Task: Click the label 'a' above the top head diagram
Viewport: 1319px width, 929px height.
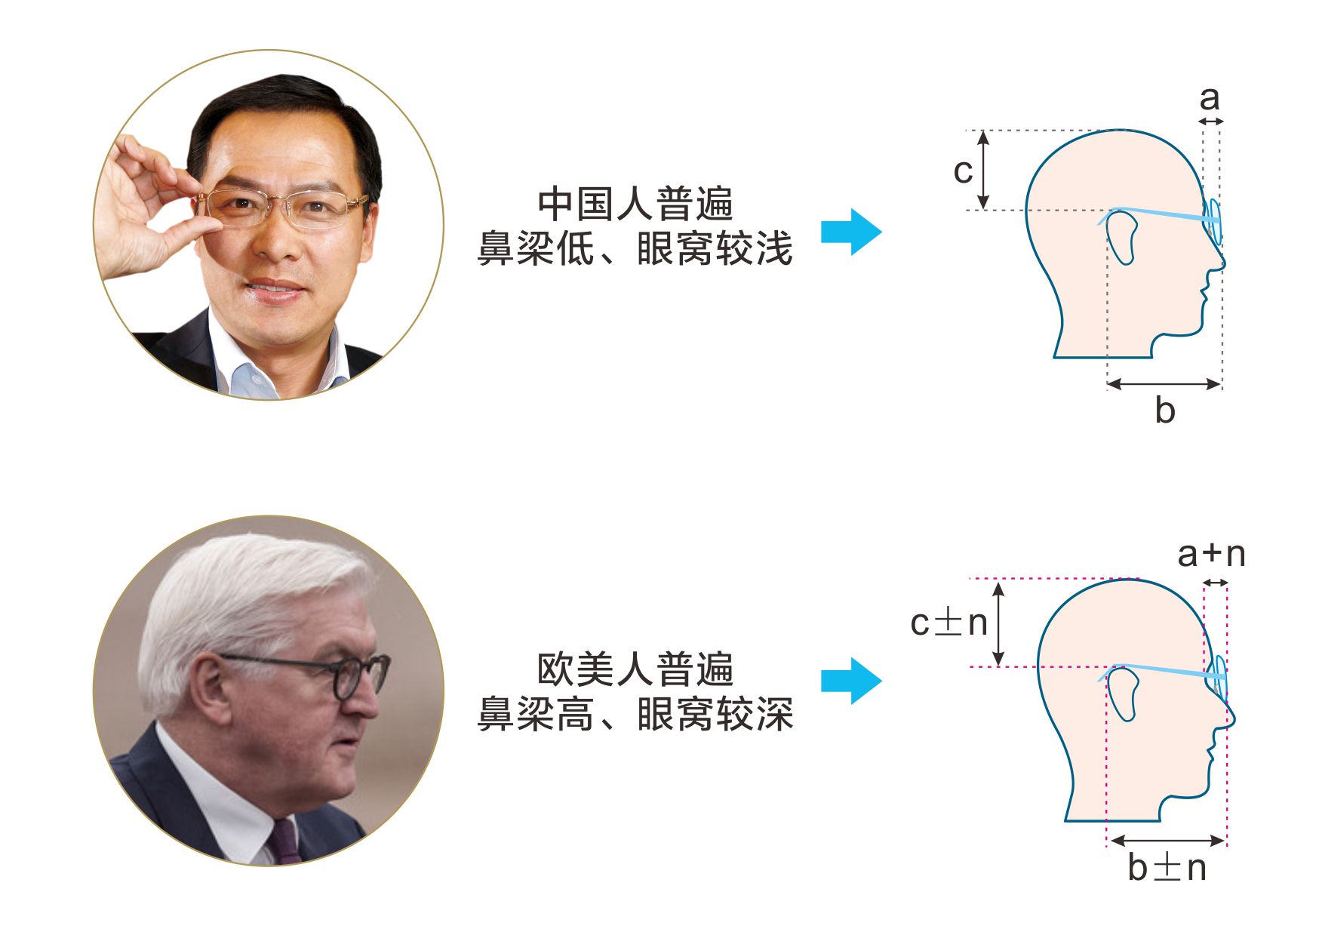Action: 1210,99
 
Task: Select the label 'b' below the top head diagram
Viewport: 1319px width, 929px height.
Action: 1165,410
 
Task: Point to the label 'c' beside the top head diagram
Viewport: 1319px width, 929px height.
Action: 963,171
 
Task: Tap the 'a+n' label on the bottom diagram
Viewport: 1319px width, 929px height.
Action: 1211,555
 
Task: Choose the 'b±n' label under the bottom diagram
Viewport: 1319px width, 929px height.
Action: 1167,867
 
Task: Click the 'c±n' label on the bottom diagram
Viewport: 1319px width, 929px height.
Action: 949,623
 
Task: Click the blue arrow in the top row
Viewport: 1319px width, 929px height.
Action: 851,232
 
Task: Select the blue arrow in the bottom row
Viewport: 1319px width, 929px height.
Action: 851,681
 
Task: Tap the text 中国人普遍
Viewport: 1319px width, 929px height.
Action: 635,205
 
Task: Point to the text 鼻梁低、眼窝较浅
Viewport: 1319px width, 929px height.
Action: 635,248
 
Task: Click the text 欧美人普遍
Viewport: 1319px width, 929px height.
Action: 635,669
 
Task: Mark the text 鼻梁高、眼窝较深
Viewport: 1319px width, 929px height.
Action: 635,714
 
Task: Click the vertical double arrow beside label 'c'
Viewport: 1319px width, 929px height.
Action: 982,170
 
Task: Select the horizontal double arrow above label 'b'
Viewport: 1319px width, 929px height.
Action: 1164,384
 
